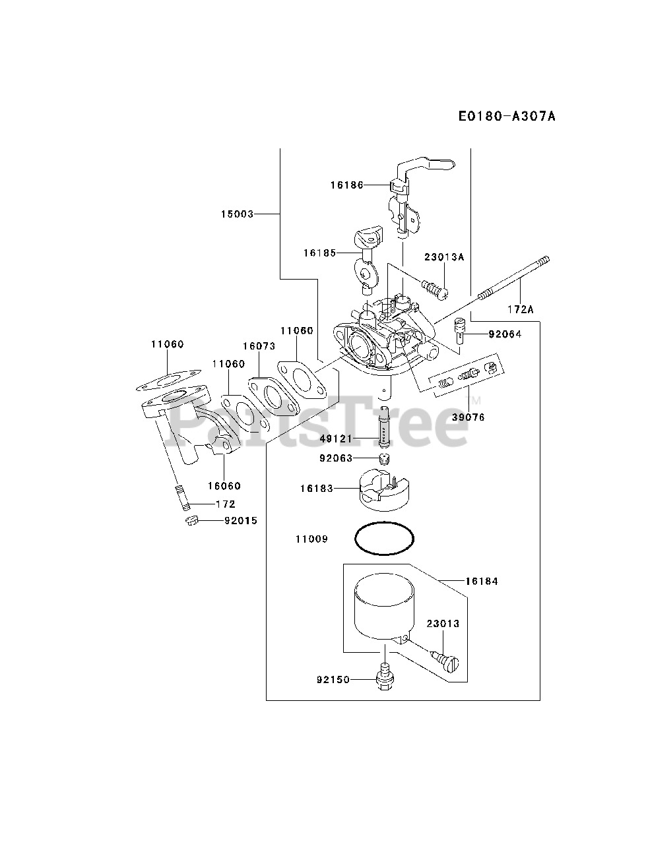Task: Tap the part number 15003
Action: pos(238,214)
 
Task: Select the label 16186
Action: pos(347,185)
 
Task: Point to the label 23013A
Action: pos(444,257)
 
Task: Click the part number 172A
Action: pos(521,308)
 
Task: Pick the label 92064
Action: pos(505,334)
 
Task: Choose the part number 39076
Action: pos(469,417)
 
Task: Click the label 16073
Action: pos(259,346)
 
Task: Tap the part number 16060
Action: pos(224,486)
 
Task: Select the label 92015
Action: pos(241,520)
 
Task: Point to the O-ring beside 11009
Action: pos(385,539)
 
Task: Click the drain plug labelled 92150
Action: pos(383,680)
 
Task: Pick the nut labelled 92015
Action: pos(191,521)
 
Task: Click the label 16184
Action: pos(482,581)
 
